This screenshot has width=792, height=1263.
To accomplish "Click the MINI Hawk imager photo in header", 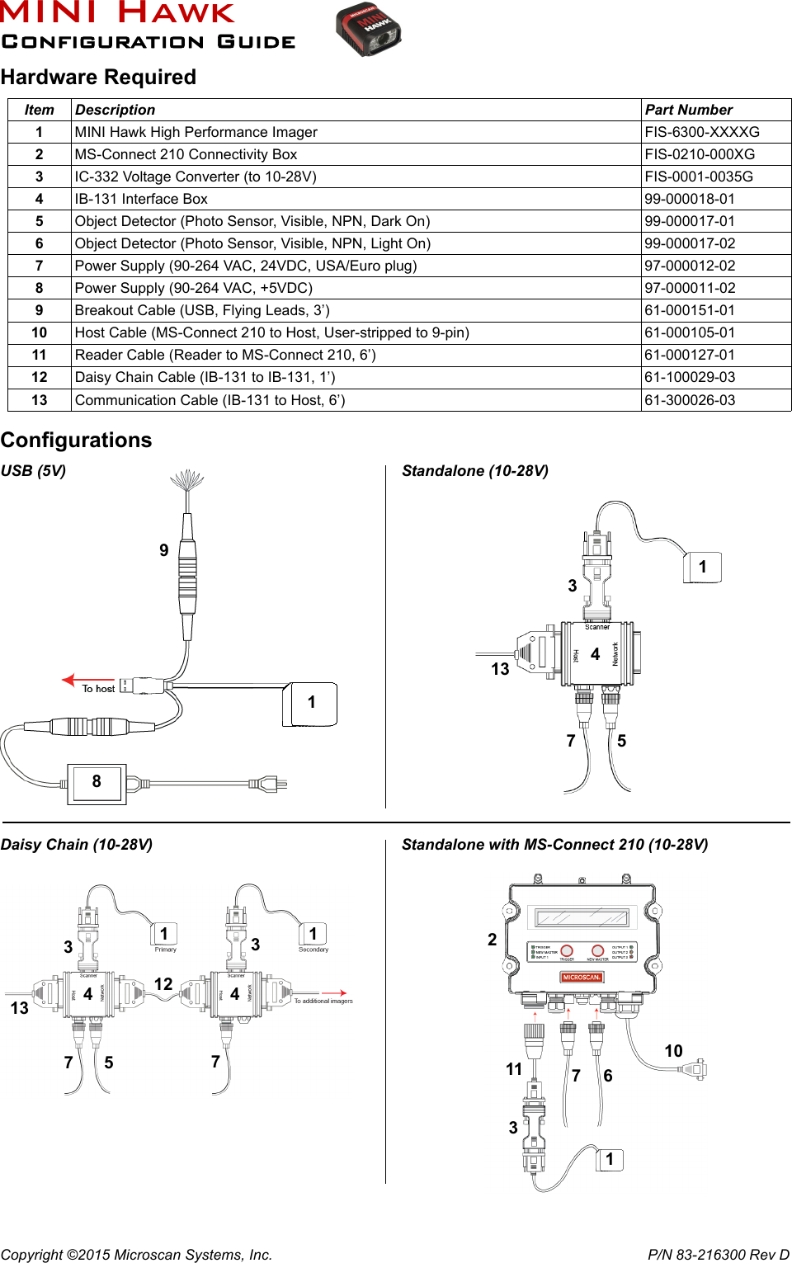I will [x=368, y=30].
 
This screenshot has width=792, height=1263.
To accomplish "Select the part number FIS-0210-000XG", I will [x=700, y=154].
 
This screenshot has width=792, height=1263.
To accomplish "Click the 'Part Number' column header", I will [x=688, y=110].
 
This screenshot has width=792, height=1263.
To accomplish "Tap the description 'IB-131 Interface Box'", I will [x=141, y=199].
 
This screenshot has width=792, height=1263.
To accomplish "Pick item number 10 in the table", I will [x=39, y=332].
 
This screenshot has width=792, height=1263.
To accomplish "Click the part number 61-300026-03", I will [x=690, y=400].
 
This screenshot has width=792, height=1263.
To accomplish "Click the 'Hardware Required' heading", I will [x=98, y=78].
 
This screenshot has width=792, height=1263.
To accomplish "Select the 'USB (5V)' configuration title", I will [x=33, y=471].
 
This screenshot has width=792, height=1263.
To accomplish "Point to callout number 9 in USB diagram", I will [x=164, y=550].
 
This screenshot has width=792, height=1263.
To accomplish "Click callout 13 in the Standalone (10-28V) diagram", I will [x=500, y=669].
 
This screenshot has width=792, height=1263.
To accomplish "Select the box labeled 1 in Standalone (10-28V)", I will [x=703, y=568].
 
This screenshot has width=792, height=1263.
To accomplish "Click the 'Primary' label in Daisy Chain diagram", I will [x=165, y=950].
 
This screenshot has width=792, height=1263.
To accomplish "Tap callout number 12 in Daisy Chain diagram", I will [x=163, y=984].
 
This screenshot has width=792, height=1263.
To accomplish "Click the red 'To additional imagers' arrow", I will [x=333, y=993].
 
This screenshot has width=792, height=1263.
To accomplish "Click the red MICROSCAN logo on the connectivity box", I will [x=582, y=978].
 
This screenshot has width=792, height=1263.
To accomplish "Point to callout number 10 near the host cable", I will [x=673, y=1051].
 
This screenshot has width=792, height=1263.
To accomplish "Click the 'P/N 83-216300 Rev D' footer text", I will [x=718, y=1255].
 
